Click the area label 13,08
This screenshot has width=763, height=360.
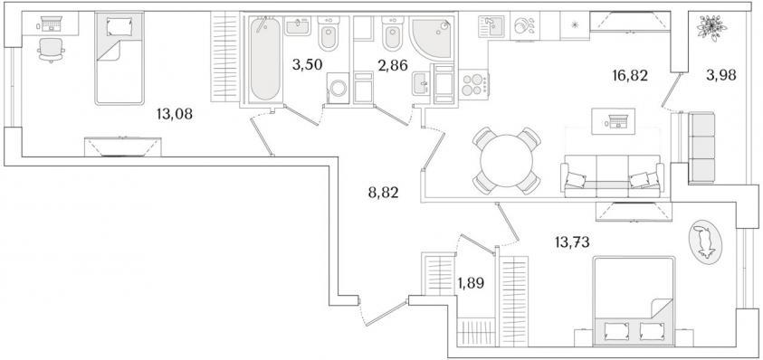(175, 115)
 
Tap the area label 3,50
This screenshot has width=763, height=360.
(307, 65)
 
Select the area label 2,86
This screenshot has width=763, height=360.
(392, 65)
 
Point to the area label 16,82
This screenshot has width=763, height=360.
(630, 75)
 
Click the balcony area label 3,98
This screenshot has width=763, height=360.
(721, 75)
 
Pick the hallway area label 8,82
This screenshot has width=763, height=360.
(384, 194)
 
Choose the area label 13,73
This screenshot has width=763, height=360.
(572, 241)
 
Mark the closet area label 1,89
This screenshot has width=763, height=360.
(471, 283)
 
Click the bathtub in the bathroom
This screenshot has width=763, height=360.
(265, 60)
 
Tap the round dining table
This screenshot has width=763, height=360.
(507, 160)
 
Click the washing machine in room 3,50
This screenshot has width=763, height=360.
(338, 88)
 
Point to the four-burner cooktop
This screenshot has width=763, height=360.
(473, 85)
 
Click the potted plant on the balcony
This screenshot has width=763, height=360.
(711, 28)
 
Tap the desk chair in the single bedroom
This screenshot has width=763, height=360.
(51, 50)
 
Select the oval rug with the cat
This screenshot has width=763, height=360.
(706, 242)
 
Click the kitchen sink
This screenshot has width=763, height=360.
(491, 27)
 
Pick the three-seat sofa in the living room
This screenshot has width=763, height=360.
(612, 176)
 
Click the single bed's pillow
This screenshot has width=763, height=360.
(119, 26)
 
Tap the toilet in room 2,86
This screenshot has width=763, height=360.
(391, 33)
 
